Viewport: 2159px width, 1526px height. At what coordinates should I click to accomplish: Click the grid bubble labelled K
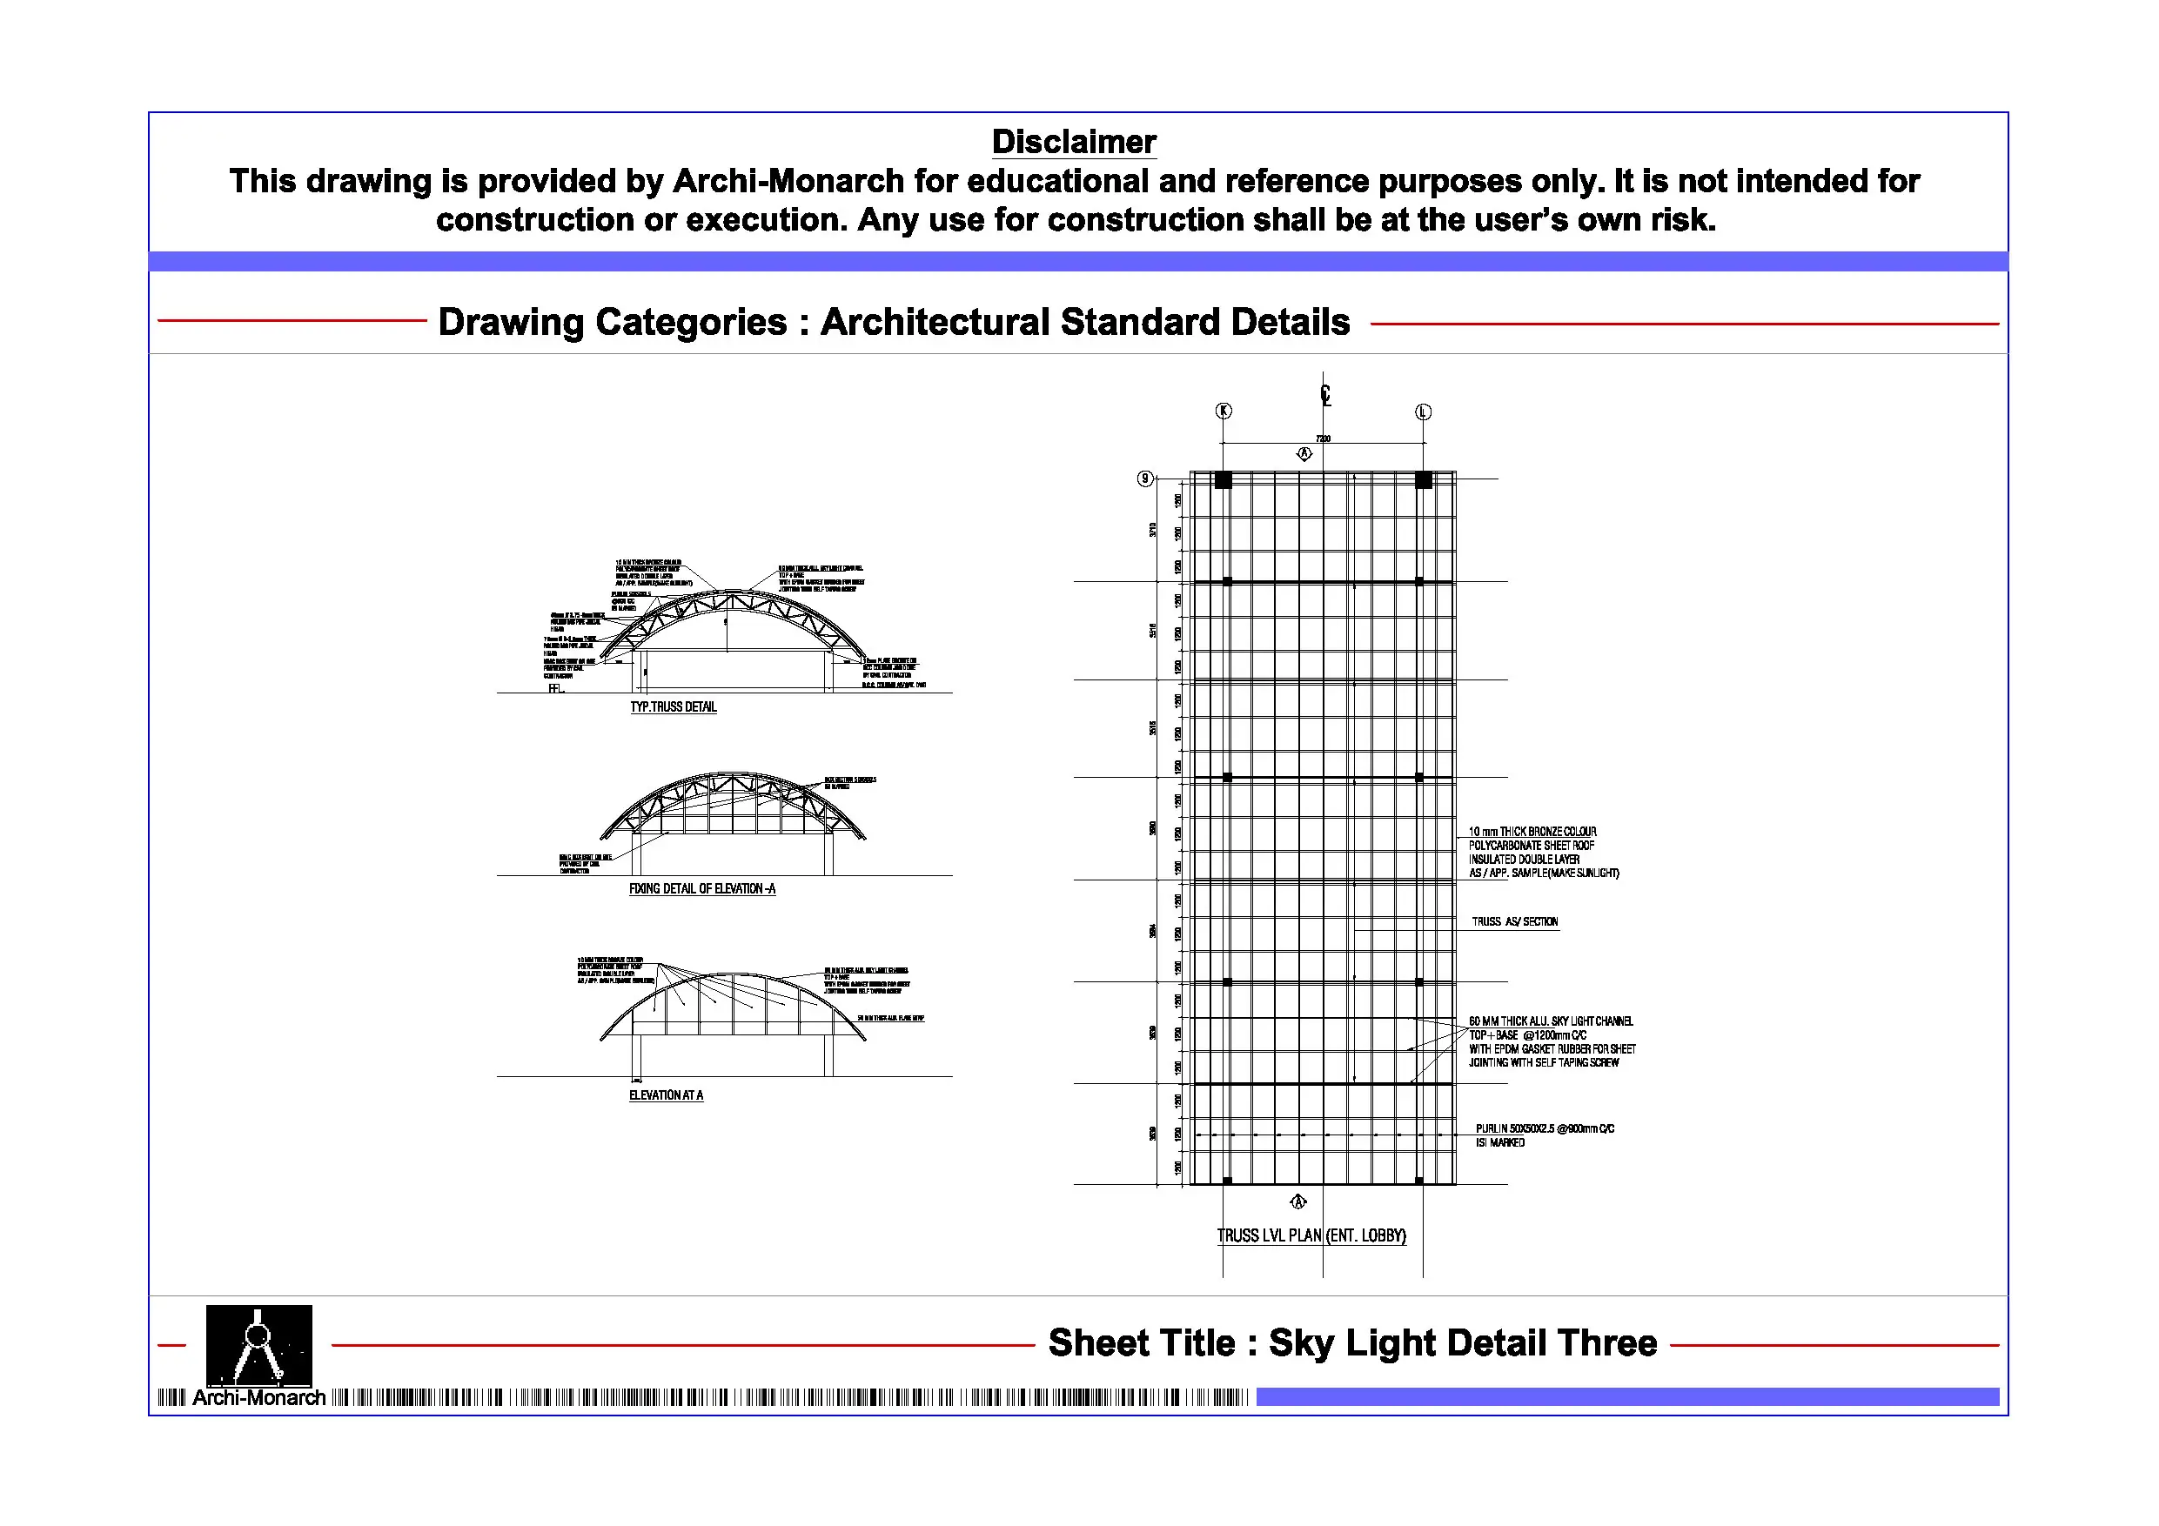point(1224,411)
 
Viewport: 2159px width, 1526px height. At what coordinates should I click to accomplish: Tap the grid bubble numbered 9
point(1144,479)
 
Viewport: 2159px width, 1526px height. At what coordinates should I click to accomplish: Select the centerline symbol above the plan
point(1325,395)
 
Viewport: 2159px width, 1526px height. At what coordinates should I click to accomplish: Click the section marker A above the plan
point(1304,454)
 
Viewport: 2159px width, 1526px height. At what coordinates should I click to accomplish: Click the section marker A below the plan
point(1298,1201)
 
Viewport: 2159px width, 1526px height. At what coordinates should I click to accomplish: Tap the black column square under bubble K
point(1223,479)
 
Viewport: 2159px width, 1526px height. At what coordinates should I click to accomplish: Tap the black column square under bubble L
point(1424,479)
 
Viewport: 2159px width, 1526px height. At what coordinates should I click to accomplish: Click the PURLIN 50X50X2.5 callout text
point(1544,1128)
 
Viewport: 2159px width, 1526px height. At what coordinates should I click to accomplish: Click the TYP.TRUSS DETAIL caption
point(674,707)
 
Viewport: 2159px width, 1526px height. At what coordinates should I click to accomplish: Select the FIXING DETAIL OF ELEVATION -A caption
point(701,888)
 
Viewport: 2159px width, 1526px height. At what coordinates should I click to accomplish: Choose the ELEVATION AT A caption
point(666,1095)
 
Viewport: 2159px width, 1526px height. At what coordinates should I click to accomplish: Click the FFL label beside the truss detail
point(555,688)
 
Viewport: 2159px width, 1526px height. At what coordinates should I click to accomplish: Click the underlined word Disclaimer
point(1074,142)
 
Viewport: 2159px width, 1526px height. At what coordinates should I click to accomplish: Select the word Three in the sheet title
point(1606,1342)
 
